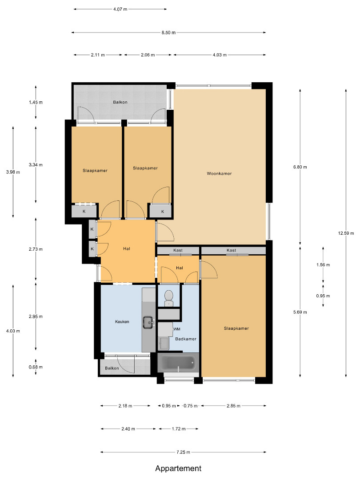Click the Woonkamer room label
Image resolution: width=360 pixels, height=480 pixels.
click(x=219, y=174)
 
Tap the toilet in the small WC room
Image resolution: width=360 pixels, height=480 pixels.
click(x=169, y=298)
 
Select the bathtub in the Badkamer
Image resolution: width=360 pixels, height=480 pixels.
click(x=178, y=363)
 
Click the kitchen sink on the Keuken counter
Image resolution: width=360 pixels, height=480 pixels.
click(x=148, y=322)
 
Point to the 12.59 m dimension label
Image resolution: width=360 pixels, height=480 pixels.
click(x=346, y=233)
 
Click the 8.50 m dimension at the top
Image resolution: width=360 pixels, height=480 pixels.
click(x=169, y=32)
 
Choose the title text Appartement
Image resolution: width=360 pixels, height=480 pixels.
click(x=178, y=468)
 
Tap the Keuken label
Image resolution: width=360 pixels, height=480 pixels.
click(x=122, y=322)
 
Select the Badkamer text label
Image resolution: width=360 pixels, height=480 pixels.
click(x=186, y=339)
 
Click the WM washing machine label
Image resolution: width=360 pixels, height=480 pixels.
click(x=177, y=329)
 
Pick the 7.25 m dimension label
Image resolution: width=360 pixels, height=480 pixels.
click(x=183, y=452)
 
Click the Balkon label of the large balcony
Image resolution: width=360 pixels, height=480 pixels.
click(x=120, y=102)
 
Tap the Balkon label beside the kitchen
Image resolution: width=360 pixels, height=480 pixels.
click(x=112, y=368)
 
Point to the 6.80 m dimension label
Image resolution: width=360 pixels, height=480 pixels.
click(x=300, y=167)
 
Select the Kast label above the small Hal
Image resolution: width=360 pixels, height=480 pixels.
click(x=178, y=250)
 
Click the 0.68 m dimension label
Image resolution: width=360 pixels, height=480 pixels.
click(x=36, y=367)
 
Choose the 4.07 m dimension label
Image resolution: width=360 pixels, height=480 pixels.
click(x=120, y=9)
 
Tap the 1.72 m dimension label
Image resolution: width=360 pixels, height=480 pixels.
click(x=179, y=429)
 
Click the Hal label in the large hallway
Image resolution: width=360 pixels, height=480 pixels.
click(x=127, y=249)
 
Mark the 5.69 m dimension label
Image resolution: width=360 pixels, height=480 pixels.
click(x=300, y=312)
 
